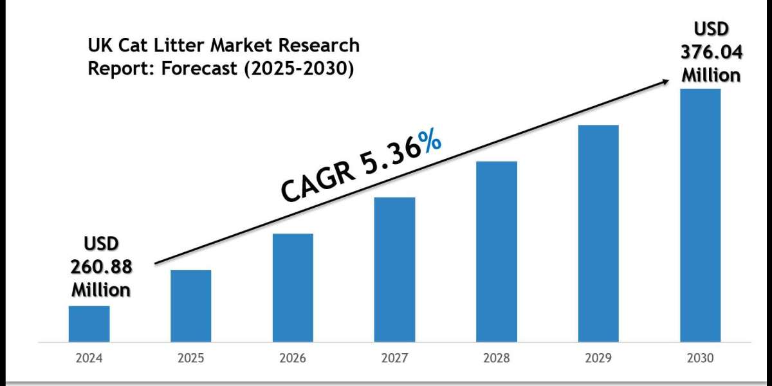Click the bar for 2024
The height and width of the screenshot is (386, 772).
point(89,324)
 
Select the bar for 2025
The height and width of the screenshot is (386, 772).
point(191,306)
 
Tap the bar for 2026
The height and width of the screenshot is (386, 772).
point(293,288)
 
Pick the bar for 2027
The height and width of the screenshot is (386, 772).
point(395,269)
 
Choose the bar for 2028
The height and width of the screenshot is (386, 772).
point(497,251)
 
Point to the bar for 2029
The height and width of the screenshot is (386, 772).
point(598,233)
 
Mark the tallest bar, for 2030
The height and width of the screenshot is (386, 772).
point(701,215)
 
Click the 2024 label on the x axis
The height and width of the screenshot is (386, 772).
point(89,358)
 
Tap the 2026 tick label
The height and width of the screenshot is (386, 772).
point(293,358)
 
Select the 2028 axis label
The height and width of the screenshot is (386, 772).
point(497,358)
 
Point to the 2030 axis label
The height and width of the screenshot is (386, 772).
point(701,358)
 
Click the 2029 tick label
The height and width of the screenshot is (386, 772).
point(598,358)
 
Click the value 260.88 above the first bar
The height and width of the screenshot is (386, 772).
point(101,266)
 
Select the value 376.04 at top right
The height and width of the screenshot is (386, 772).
point(711,52)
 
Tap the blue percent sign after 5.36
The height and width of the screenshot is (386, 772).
point(429,147)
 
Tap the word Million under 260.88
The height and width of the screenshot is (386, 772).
point(101,289)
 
